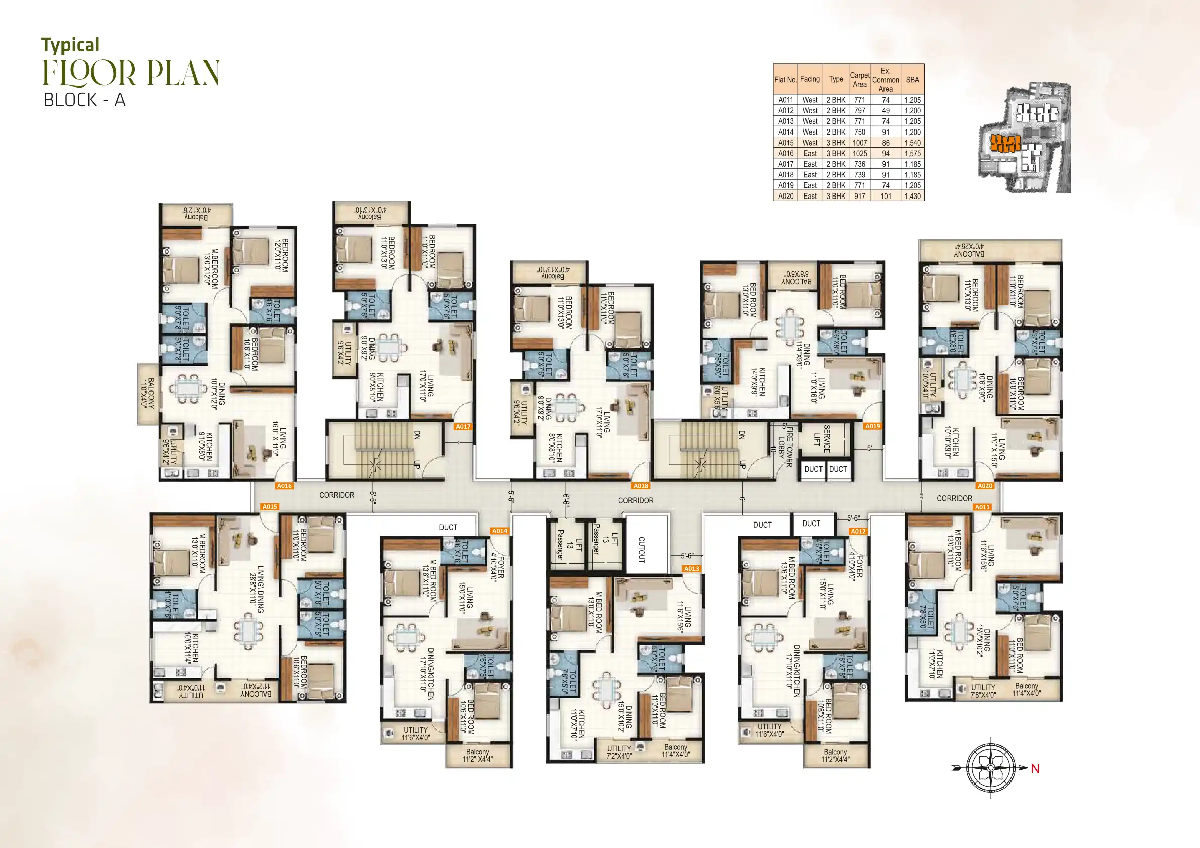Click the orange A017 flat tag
click(x=463, y=426)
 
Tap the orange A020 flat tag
click(x=985, y=485)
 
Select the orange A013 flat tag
click(x=691, y=568)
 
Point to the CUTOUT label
click(x=642, y=549)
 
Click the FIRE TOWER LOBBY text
click(x=785, y=446)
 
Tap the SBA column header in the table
click(x=912, y=80)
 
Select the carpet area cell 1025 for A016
click(x=859, y=153)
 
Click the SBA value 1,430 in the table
click(x=912, y=196)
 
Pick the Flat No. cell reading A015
click(x=786, y=143)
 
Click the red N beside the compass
click(x=1035, y=768)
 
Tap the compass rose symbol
click(x=990, y=768)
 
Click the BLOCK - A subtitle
click(x=85, y=100)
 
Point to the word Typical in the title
click(x=70, y=45)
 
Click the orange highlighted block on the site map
click(x=1004, y=142)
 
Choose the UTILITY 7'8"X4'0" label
click(x=983, y=691)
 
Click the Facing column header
click(x=809, y=79)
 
